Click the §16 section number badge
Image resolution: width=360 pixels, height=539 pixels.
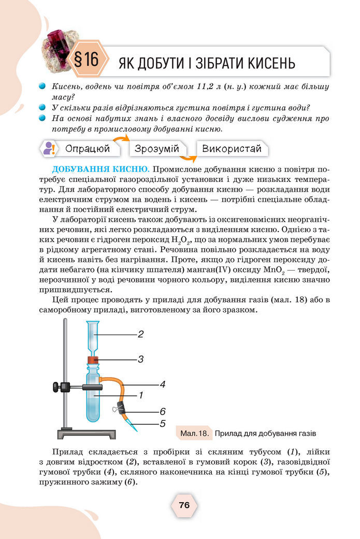(x=86, y=59)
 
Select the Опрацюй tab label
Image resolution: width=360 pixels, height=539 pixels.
(x=88, y=149)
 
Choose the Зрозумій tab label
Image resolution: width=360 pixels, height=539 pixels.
(x=156, y=149)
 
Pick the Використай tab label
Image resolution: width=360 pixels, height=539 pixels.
(x=232, y=149)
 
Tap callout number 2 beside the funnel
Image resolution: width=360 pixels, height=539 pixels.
(x=140, y=334)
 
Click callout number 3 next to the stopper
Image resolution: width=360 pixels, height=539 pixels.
(x=140, y=359)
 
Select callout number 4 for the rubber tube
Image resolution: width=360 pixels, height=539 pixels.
(x=162, y=385)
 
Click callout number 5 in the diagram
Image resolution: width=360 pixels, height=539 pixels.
(x=162, y=423)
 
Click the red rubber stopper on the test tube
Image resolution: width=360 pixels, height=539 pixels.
(x=93, y=359)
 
